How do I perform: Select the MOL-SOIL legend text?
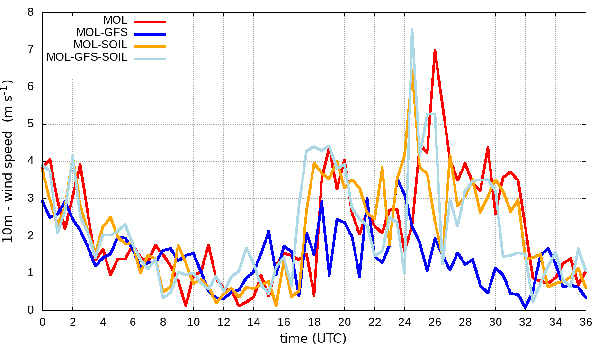point(100,45)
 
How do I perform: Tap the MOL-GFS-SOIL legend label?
point(87,58)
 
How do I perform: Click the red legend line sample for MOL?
point(150,21)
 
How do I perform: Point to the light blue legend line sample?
point(150,58)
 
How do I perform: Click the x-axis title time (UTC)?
point(313,339)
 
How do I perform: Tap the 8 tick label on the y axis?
point(31,12)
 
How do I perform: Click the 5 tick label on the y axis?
point(31,124)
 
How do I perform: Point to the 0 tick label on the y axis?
point(31,310)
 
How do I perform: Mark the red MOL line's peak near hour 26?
point(435,49)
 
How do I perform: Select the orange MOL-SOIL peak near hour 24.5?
point(413,70)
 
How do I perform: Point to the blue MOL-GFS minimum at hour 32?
point(526,308)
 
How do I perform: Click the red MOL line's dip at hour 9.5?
point(186,306)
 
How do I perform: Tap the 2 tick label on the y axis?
point(31,236)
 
